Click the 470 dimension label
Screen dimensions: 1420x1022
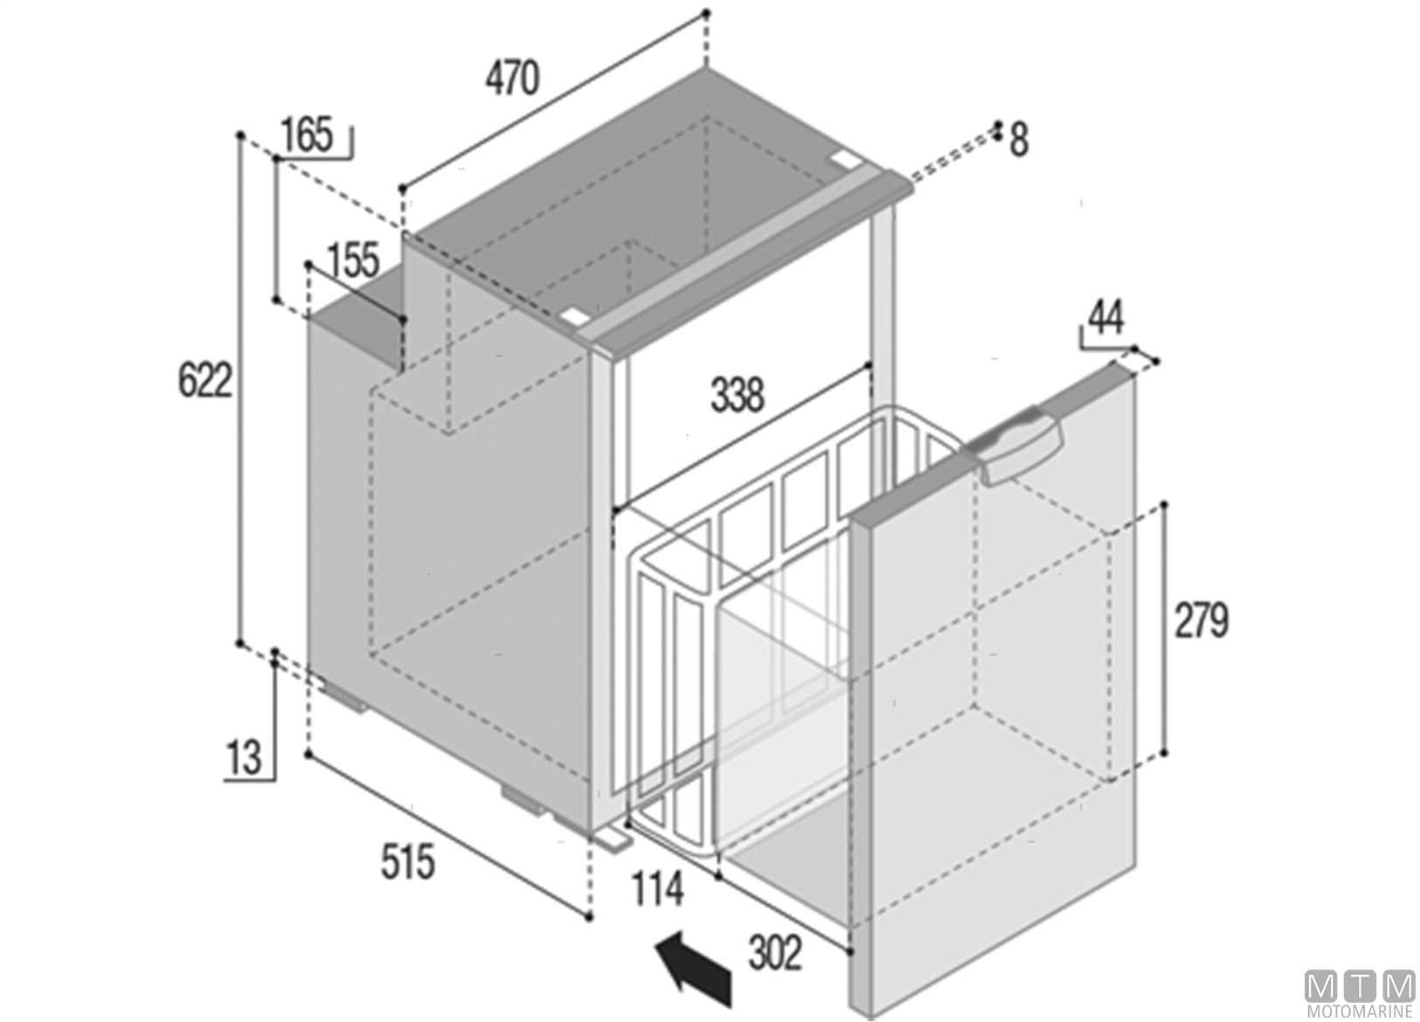click(512, 77)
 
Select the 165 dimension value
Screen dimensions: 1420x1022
click(307, 135)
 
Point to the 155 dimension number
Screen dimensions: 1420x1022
click(354, 259)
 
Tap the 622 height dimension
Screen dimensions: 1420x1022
click(204, 380)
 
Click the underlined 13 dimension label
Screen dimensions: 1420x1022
click(244, 758)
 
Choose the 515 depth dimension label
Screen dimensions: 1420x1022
click(407, 861)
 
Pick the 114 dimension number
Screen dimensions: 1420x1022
click(657, 889)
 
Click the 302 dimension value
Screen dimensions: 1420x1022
click(775, 952)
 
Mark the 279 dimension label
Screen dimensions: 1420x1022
click(1202, 619)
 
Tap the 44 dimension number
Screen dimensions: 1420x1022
click(1106, 318)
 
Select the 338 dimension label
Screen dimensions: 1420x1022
click(738, 394)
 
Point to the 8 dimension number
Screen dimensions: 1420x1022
click(1019, 141)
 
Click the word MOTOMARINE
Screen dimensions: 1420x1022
click(1359, 1012)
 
